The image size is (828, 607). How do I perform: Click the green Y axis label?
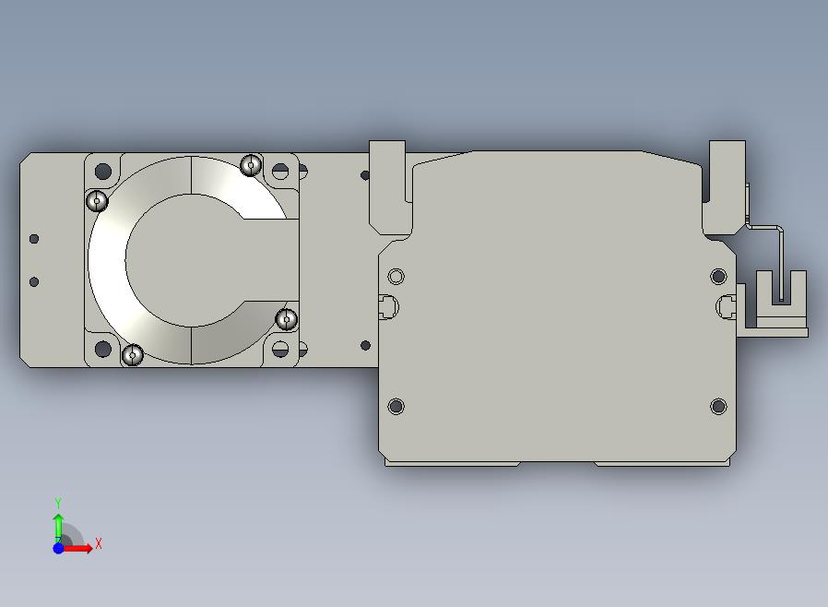(58, 502)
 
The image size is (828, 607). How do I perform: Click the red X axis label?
(99, 543)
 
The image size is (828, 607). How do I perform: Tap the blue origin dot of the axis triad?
(58, 548)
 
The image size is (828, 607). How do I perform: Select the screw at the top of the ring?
(251, 165)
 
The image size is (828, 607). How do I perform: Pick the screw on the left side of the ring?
(97, 201)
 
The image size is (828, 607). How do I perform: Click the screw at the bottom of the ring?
(133, 354)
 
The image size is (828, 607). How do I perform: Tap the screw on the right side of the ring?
(287, 319)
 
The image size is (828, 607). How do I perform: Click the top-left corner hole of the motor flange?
(103, 172)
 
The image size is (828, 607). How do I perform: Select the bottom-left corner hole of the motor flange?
(103, 349)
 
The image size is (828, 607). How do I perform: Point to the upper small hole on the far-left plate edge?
(34, 239)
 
